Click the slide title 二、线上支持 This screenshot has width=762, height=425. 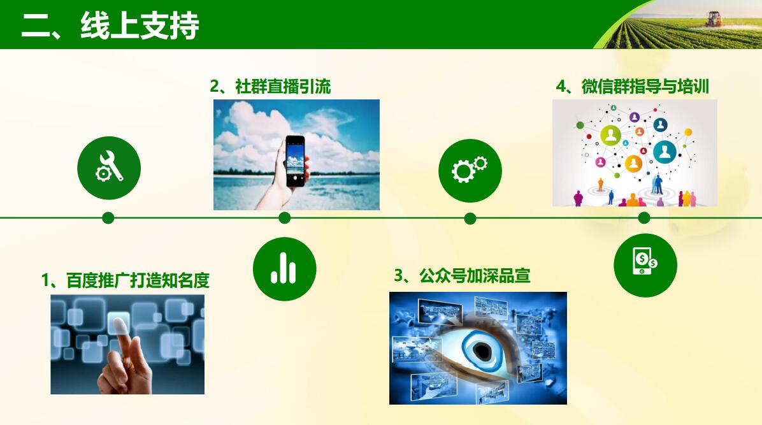coord(110,25)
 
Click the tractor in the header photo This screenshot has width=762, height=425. coord(714,19)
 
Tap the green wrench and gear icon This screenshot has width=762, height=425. coord(109,168)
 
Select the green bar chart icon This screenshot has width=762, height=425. coord(284,269)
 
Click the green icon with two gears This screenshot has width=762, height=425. coord(470,171)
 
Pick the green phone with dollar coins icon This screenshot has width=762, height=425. coord(645,265)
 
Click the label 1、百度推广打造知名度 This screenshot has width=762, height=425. coord(126,280)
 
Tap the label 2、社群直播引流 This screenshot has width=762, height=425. coord(270,87)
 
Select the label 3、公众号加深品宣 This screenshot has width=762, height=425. coord(462,276)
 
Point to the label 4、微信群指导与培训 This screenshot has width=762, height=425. coord(632,87)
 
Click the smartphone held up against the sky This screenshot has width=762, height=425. coord(295,161)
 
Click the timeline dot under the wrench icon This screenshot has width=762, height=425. coord(108,218)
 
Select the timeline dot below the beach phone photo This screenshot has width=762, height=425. coord(285,218)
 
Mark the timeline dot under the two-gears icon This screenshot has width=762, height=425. coord(470,219)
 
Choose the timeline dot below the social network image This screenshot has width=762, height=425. coord(644,218)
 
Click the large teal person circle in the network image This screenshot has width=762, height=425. coord(665,152)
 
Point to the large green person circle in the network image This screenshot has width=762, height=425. coord(611,135)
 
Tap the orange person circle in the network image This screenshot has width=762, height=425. coord(633,163)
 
